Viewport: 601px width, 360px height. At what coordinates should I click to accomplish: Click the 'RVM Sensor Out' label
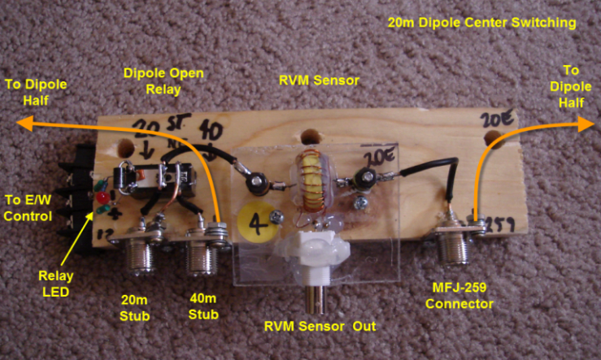[324, 327]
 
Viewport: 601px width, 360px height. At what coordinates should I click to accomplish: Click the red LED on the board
[102, 199]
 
